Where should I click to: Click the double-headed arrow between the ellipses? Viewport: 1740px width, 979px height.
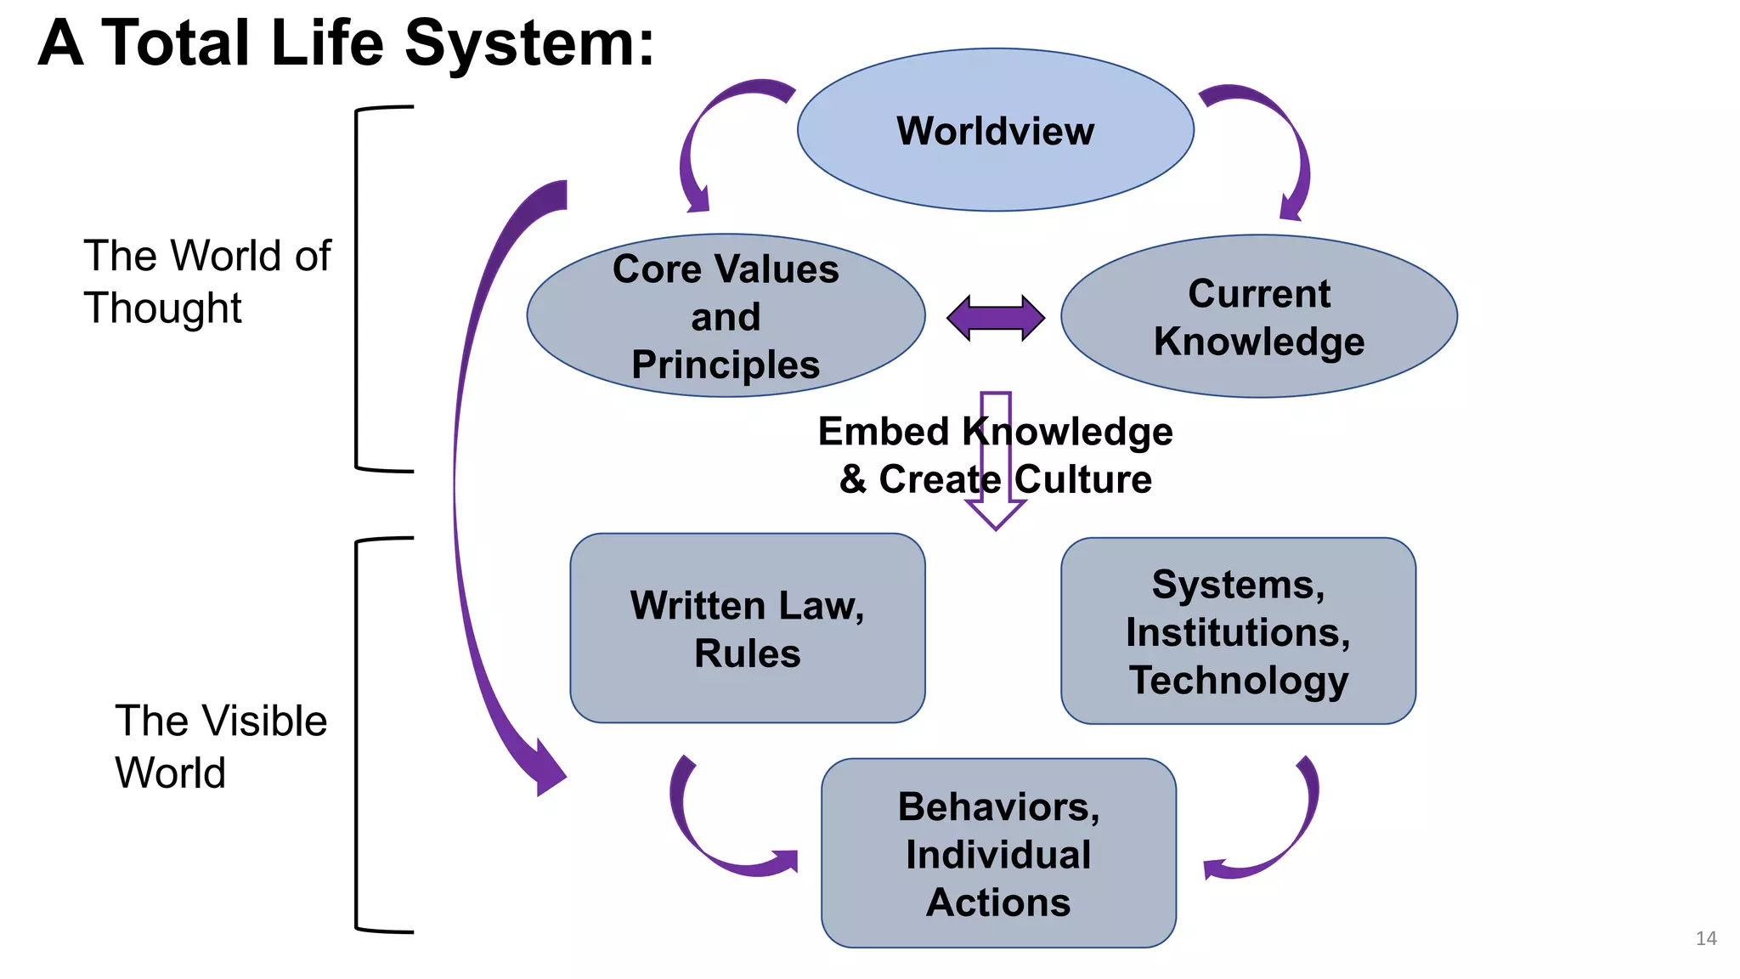click(996, 319)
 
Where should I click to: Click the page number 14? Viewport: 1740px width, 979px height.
click(1705, 938)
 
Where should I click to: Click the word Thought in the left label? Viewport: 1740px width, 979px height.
click(162, 308)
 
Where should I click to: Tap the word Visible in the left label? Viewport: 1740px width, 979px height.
click(265, 721)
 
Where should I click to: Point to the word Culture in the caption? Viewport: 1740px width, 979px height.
click(1082, 479)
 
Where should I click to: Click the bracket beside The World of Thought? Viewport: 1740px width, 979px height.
click(358, 289)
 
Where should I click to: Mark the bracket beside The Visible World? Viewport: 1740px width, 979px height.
click(358, 735)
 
